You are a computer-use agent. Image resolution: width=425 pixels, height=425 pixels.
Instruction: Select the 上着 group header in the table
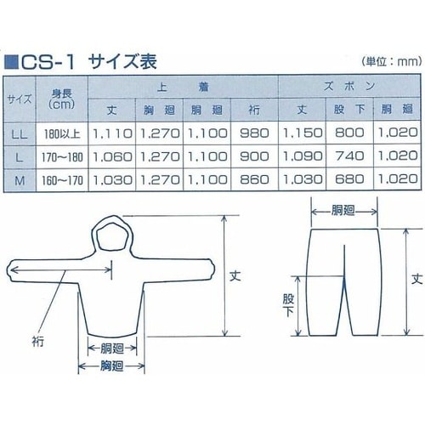pyautogui.click(x=181, y=88)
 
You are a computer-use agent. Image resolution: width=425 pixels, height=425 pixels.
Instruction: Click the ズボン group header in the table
pyautogui.click(x=348, y=88)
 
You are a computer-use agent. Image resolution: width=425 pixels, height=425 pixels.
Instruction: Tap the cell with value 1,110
pyautogui.click(x=113, y=133)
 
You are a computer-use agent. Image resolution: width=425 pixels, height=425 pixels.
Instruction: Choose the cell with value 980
pyautogui.click(x=254, y=133)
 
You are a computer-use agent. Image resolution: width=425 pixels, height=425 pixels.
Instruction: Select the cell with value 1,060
pyautogui.click(x=113, y=157)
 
